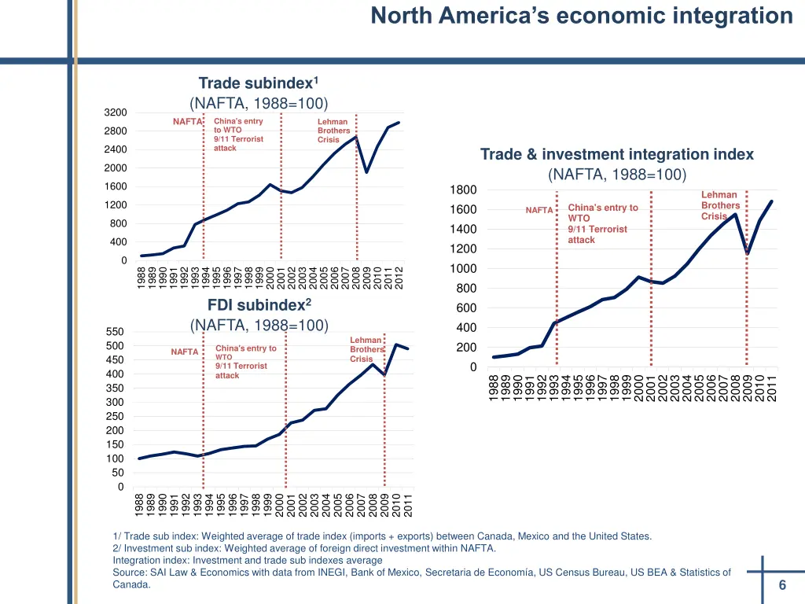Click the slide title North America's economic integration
click(582, 16)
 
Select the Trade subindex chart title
click(258, 83)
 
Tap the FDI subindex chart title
click(259, 304)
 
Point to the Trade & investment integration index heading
click(616, 154)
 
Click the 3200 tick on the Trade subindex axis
click(116, 112)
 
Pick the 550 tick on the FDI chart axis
click(115, 332)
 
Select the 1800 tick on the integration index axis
click(464, 190)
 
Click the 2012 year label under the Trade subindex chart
click(399, 278)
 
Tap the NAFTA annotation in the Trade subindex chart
click(187, 122)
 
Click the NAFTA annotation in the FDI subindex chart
click(184, 352)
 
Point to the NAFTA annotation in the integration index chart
click(539, 210)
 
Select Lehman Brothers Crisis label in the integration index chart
click(719, 205)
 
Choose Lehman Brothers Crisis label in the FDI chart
click(366, 349)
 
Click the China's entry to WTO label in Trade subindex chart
click(238, 126)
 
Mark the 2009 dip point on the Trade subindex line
click(366, 171)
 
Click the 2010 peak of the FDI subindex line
click(395, 344)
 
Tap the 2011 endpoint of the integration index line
click(772, 201)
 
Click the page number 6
click(782, 585)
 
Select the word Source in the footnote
click(128, 573)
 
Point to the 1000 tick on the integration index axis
click(464, 269)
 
